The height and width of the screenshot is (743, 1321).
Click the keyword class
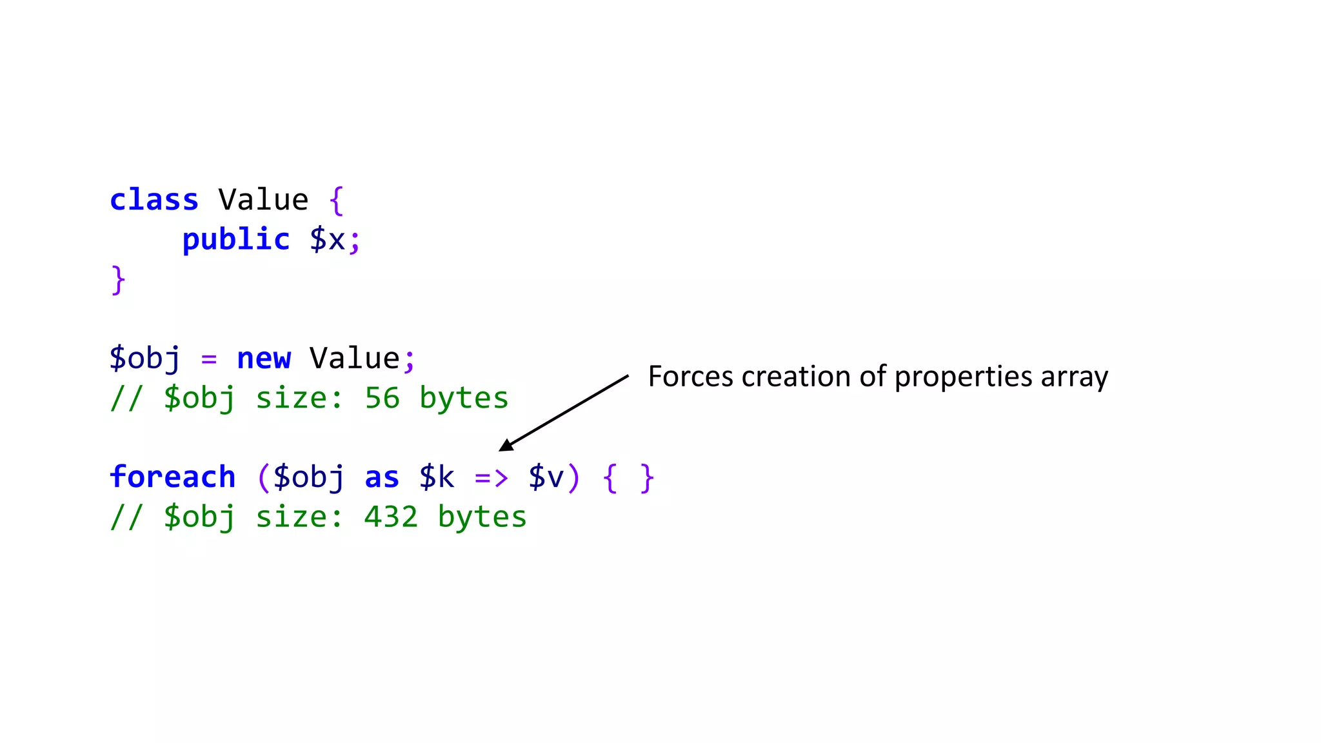154,200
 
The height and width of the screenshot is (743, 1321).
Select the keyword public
236,240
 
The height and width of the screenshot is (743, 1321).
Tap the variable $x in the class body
328,240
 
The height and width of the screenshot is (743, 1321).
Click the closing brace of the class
118,280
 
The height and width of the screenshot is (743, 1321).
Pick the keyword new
264,359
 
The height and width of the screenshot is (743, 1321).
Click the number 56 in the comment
382,398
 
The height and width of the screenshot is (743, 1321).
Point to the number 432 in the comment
391,517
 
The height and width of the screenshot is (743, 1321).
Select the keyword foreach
173,477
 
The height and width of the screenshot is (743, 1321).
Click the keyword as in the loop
382,477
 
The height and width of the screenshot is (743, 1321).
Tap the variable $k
437,477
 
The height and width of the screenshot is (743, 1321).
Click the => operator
492,478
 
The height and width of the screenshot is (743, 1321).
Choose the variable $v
546,477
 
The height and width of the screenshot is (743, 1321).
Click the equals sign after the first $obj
209,359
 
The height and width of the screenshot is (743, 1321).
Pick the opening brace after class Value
336,200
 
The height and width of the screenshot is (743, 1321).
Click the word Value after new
355,359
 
